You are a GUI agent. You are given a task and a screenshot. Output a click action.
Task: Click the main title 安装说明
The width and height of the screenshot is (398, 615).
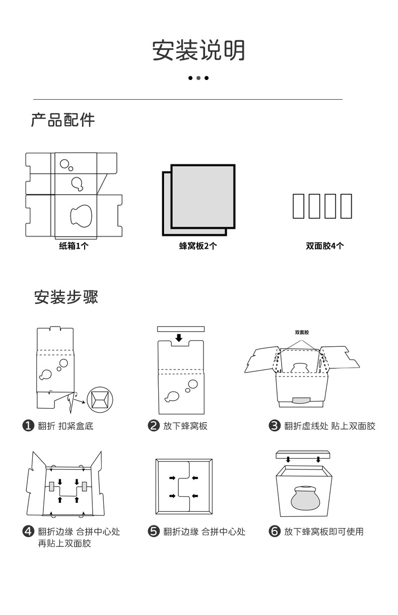click(x=198, y=51)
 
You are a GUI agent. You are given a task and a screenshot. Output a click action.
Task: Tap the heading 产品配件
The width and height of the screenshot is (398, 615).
click(x=63, y=120)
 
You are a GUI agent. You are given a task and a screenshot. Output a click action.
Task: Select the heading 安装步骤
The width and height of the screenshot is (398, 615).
click(x=66, y=297)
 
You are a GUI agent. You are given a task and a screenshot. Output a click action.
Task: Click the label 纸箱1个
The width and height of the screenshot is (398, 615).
click(x=74, y=246)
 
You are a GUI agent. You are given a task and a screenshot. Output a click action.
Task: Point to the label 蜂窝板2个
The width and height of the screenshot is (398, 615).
click(x=198, y=246)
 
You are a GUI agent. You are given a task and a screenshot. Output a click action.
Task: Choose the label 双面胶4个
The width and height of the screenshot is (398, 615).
click(x=325, y=246)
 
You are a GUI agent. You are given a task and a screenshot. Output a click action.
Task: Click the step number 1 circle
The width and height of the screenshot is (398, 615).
click(x=29, y=426)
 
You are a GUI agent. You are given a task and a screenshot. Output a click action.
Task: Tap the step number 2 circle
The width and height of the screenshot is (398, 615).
click(x=153, y=426)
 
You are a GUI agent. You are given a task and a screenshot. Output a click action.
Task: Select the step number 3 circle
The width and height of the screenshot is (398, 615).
click(x=275, y=426)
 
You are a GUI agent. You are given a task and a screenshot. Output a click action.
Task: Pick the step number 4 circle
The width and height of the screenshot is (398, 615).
click(x=29, y=531)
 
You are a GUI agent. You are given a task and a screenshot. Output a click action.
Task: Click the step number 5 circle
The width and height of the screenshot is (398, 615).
click(x=153, y=531)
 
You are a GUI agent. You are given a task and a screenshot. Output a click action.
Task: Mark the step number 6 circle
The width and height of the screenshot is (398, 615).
click(x=275, y=531)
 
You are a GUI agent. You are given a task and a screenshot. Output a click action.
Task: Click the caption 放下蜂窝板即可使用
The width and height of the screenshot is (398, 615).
click(x=323, y=531)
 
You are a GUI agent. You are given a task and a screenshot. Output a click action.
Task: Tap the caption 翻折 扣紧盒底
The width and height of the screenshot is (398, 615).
click(x=66, y=426)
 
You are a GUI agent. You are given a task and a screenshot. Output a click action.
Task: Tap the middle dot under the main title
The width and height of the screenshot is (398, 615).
click(x=198, y=78)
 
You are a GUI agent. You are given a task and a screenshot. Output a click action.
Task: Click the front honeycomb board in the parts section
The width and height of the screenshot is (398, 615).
click(x=203, y=196)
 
